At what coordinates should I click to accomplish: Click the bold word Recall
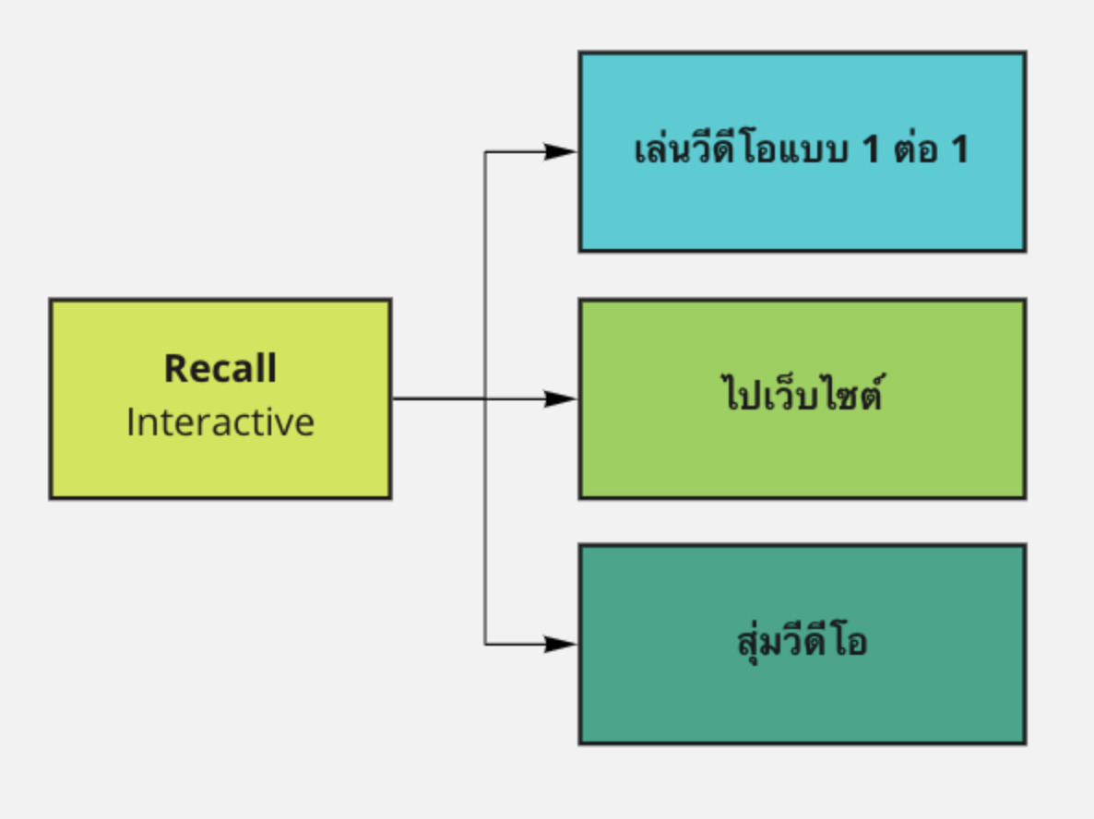220,368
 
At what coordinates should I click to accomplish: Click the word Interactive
220,422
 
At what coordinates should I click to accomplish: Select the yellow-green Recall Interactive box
220,399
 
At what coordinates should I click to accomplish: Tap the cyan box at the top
803,151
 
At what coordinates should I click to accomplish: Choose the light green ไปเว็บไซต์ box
803,399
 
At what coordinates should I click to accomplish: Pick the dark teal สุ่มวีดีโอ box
803,645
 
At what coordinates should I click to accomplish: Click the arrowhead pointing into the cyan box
561,151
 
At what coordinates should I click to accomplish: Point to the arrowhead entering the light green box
561,399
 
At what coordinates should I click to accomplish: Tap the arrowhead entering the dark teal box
561,645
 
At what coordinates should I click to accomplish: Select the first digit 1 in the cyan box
871,149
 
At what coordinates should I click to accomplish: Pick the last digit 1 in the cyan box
961,149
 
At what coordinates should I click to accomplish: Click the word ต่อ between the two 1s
916,148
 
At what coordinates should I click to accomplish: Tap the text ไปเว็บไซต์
803,392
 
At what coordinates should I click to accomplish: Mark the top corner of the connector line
485,151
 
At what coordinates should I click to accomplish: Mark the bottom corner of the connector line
485,645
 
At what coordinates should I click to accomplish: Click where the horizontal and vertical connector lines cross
485,399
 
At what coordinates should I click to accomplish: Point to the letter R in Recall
175,368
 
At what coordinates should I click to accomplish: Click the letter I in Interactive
130,422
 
